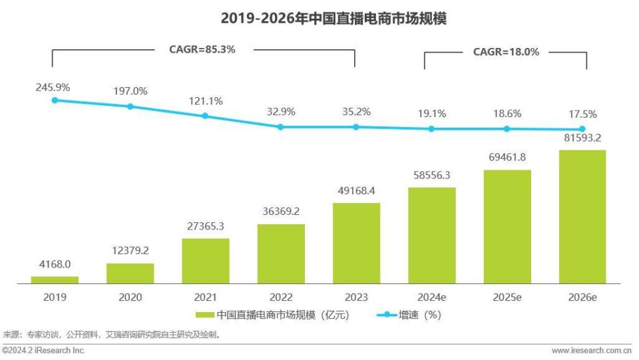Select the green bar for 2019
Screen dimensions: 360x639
tap(55, 280)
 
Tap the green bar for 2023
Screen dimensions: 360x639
tap(356, 244)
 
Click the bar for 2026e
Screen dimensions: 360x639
tap(582, 217)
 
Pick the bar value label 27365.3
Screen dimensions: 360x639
tap(205, 227)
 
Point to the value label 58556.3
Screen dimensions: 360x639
tap(431, 176)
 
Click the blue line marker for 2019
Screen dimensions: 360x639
tap(55, 100)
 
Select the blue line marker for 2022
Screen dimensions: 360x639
tap(280, 126)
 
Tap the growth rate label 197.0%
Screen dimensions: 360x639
tap(130, 91)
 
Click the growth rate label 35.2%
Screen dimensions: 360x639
tap(356, 112)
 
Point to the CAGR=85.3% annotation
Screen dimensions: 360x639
tap(202, 49)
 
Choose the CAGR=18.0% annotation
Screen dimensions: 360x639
tap(506, 52)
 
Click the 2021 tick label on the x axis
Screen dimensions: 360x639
tap(205, 297)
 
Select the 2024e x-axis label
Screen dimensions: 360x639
tap(431, 297)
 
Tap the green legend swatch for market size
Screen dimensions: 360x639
tap(204, 315)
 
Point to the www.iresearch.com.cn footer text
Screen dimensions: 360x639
tap(591, 350)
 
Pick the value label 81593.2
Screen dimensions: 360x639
tap(582, 139)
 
